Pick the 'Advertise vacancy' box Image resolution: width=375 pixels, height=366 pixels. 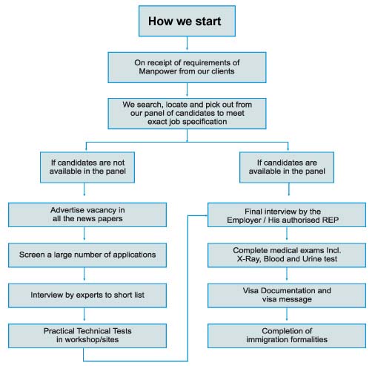click(83, 215)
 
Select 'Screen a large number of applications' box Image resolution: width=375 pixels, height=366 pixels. click(83, 254)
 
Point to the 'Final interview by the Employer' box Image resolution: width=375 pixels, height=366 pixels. click(286, 215)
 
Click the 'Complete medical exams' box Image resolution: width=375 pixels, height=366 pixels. click(286, 254)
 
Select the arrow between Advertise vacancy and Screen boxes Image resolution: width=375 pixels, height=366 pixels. click(83, 235)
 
